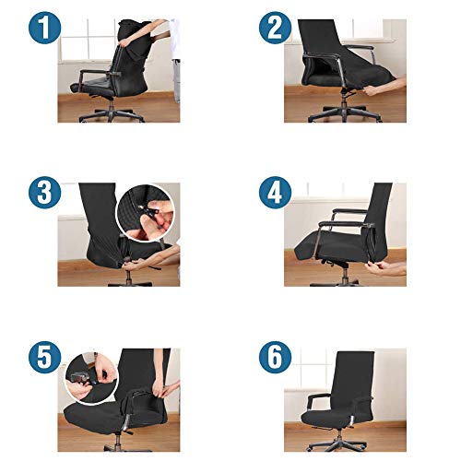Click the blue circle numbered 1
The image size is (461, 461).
click(45, 28)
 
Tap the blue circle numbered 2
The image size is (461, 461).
click(275, 28)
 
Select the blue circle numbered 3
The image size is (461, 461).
click(45, 193)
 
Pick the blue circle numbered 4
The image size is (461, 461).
click(275, 193)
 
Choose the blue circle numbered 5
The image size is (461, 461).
click(45, 357)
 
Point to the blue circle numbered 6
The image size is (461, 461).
click(275, 357)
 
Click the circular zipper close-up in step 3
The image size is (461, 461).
click(146, 213)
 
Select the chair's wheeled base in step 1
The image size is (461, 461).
click(112, 114)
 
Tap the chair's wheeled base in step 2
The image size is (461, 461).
click(345, 113)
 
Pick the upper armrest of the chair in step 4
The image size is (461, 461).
click(349, 212)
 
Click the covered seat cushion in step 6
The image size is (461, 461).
click(325, 417)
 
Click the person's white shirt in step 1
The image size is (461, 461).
click(174, 39)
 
